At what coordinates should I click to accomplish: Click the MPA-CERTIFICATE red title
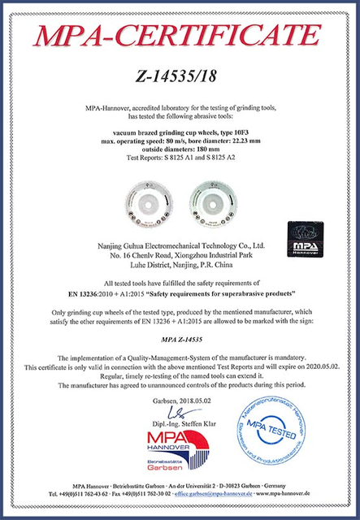[x=180, y=37]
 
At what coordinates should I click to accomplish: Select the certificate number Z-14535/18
[x=180, y=80]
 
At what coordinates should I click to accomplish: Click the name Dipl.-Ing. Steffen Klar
[x=180, y=423]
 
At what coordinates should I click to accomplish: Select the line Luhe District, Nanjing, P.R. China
[x=180, y=263]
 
